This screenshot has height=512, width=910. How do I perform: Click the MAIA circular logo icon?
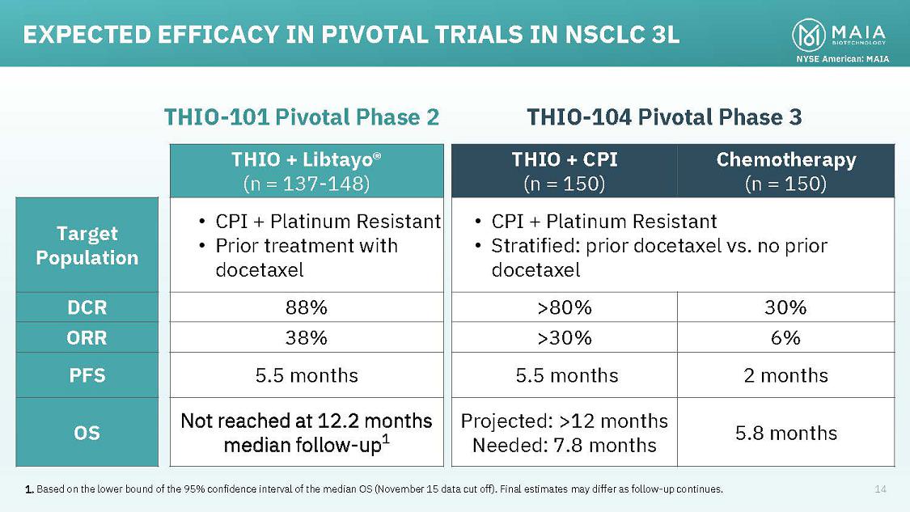click(808, 35)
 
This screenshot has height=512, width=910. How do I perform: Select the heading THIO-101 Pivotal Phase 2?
click(302, 117)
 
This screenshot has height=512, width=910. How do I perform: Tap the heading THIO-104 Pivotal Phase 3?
click(664, 117)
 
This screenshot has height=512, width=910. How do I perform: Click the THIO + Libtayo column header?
click(307, 171)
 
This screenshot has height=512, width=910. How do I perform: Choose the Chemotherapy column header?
click(785, 171)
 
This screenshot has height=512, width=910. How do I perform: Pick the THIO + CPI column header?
click(564, 171)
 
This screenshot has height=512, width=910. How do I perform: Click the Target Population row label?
click(87, 245)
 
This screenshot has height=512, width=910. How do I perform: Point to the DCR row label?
click(87, 307)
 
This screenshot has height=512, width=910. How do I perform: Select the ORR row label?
click(87, 337)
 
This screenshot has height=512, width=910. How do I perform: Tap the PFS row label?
click(87, 375)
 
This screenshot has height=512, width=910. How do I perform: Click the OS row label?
click(87, 433)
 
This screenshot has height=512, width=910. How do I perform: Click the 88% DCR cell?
click(307, 307)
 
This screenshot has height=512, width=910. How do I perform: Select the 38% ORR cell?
click(307, 337)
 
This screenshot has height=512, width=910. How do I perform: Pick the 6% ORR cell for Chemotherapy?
click(785, 337)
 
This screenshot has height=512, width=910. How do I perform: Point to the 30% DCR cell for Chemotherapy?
click(785, 307)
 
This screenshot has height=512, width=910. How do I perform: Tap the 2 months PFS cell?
click(785, 375)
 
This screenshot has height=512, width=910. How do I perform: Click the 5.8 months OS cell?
click(785, 433)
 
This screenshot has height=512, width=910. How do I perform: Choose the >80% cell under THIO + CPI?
click(564, 307)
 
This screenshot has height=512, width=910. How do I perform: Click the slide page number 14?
click(880, 489)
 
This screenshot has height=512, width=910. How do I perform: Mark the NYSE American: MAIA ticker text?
click(842, 58)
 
